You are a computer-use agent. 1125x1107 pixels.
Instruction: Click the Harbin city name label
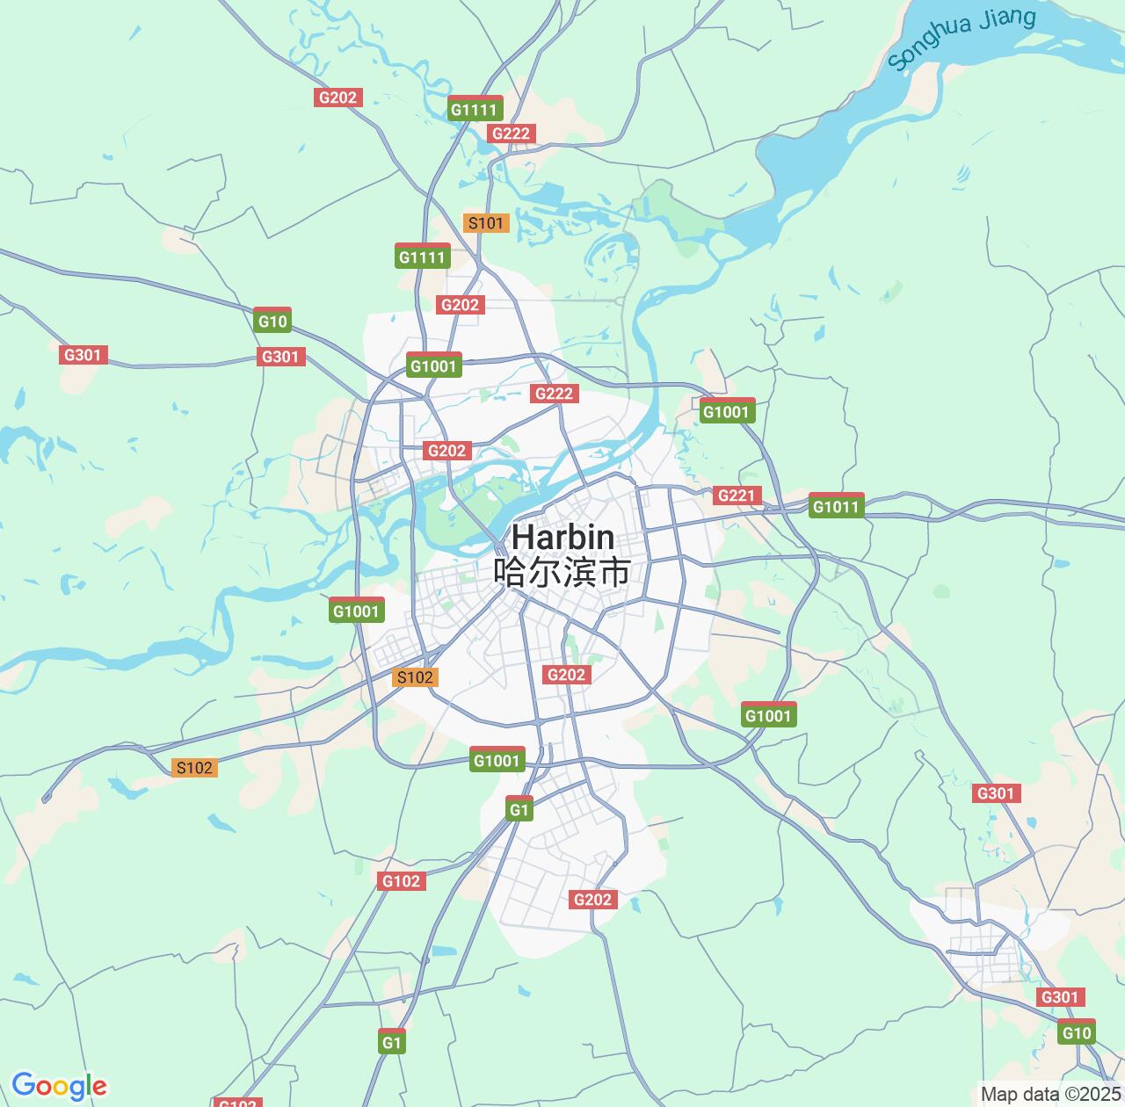tap(562, 537)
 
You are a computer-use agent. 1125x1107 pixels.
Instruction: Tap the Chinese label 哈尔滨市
tap(562, 572)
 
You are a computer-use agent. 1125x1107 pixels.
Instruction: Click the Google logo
tap(59, 1086)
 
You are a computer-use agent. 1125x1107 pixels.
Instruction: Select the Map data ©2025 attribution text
tap(1050, 1095)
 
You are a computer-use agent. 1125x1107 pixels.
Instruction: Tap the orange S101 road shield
tap(485, 222)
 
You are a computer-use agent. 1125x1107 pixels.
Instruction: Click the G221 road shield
tap(736, 496)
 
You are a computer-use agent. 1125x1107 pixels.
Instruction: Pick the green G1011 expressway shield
tap(837, 506)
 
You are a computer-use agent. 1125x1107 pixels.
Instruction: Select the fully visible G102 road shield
tap(401, 881)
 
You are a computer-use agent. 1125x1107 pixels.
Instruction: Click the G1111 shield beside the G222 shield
tap(475, 109)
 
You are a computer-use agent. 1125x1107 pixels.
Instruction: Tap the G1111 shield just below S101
tap(422, 257)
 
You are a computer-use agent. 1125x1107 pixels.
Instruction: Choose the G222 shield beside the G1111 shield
tap(511, 134)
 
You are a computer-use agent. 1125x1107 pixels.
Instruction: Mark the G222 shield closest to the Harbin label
tap(554, 394)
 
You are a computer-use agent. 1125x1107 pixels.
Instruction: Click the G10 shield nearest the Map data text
tap(1076, 1032)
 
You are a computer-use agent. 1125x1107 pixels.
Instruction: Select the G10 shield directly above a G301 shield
tap(272, 321)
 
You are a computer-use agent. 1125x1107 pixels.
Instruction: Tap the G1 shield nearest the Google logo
tap(391, 1043)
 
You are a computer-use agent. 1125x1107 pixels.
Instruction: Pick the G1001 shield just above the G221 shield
tap(726, 411)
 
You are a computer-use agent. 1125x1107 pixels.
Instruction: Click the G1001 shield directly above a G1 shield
tap(497, 760)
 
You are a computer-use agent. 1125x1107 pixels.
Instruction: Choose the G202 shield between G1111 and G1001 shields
tap(460, 305)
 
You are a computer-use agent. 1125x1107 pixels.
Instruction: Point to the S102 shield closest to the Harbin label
tap(415, 676)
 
